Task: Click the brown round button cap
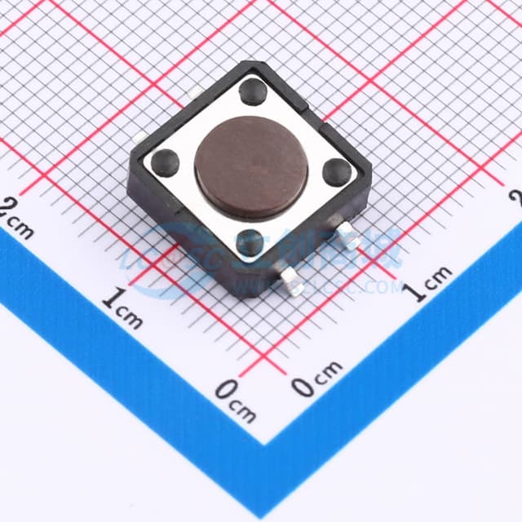(x=250, y=165)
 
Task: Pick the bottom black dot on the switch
(x=250, y=241)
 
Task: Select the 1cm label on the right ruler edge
(x=431, y=282)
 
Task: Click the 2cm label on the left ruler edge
(x=16, y=216)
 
